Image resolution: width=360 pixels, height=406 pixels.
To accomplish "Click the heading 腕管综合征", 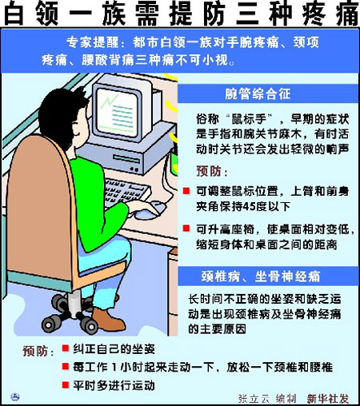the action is pyautogui.click(x=258, y=94).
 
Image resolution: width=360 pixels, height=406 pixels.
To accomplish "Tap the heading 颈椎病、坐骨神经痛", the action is pyautogui.click(x=261, y=277).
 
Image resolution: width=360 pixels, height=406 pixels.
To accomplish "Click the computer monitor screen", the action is pyautogui.click(x=116, y=113).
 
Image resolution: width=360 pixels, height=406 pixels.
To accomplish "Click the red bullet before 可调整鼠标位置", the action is pyautogui.click(x=186, y=191).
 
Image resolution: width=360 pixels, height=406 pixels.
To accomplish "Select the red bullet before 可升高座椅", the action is pyautogui.click(x=186, y=229).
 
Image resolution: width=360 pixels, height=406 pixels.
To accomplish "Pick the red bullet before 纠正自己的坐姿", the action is pyautogui.click(x=66, y=348).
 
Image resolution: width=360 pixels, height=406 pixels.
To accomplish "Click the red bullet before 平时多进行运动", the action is pyautogui.click(x=66, y=385).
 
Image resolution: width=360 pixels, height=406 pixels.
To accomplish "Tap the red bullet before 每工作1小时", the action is pyautogui.click(x=66, y=367).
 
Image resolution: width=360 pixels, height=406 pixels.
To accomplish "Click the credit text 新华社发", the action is pyautogui.click(x=328, y=398).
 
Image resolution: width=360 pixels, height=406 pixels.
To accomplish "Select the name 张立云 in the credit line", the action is pyautogui.click(x=254, y=398).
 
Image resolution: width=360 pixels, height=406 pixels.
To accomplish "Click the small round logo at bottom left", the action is pyautogui.click(x=15, y=397).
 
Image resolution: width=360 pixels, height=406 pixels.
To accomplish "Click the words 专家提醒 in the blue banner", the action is pyautogui.click(x=92, y=42).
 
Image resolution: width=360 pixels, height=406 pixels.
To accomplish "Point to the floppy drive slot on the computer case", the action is pyautogui.click(x=126, y=159).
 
